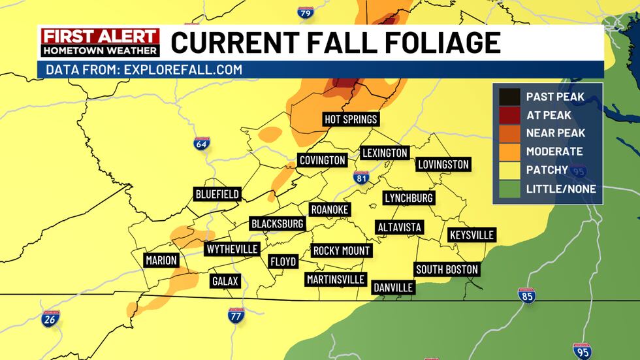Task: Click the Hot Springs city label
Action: pyautogui.click(x=351, y=120)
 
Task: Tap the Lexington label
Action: pyautogui.click(x=385, y=153)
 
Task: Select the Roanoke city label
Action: pyautogui.click(x=329, y=209)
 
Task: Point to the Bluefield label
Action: pyautogui.click(x=217, y=194)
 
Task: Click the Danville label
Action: pyautogui.click(x=393, y=287)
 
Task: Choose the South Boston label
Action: pyautogui.click(x=447, y=269)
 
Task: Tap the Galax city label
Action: pyautogui.click(x=225, y=282)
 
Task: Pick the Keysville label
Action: pyautogui.click(x=472, y=235)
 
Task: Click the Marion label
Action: pyautogui.click(x=161, y=260)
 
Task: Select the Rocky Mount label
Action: pyautogui.click(x=342, y=250)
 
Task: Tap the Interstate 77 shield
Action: pyautogui.click(x=236, y=316)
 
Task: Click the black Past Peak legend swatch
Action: pyautogui.click(x=509, y=97)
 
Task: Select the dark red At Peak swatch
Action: pyautogui.click(x=509, y=115)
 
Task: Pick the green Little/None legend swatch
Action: pyautogui.click(x=509, y=189)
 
